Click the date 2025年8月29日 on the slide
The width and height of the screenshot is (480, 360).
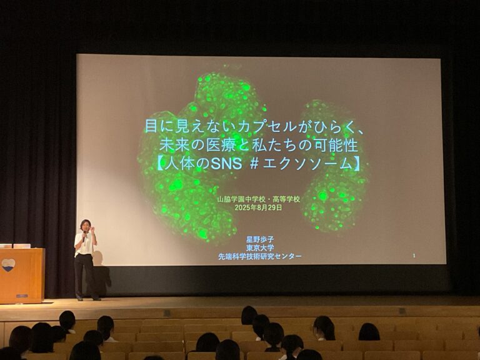[x=258, y=208]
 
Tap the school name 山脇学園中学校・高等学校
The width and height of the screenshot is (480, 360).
[x=258, y=199]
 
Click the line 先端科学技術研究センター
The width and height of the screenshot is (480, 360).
[x=260, y=256]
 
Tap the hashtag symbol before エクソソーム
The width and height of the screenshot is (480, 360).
[x=254, y=164]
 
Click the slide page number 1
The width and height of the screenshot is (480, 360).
[x=414, y=256]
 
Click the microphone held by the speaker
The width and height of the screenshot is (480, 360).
[x=84, y=236]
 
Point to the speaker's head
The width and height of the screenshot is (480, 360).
[x=86, y=225]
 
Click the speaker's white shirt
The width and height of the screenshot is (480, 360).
[x=85, y=243]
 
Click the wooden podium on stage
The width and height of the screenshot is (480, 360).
[x=22, y=276]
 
